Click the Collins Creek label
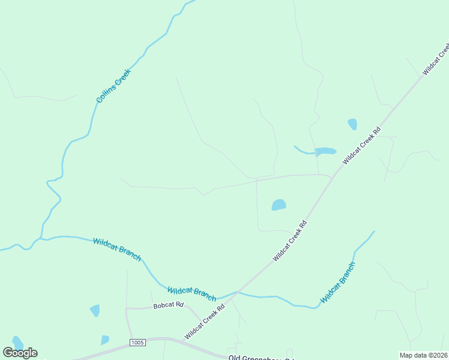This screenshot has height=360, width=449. [x=113, y=85]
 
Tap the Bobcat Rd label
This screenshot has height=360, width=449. [x=167, y=305]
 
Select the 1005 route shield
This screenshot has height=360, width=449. [x=137, y=343]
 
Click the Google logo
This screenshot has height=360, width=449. [x=20, y=353]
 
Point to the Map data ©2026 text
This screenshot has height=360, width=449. [x=423, y=355]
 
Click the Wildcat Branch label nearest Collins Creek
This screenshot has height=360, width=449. [x=117, y=249]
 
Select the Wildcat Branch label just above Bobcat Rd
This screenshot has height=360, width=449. [x=191, y=293]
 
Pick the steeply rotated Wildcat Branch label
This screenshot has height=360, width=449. [x=338, y=282]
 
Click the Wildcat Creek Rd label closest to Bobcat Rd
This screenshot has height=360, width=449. [x=205, y=322]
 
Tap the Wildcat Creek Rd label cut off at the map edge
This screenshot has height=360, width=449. [x=436, y=59]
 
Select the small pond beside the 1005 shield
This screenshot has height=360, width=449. [x=105, y=340]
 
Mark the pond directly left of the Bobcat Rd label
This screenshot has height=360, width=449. [x=95, y=310]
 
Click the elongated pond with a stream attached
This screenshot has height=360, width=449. [x=325, y=151]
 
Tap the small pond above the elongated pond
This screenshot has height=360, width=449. [x=352, y=124]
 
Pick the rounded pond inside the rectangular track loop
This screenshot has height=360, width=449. [x=279, y=205]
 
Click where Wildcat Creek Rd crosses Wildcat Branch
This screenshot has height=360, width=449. [x=238, y=292]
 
